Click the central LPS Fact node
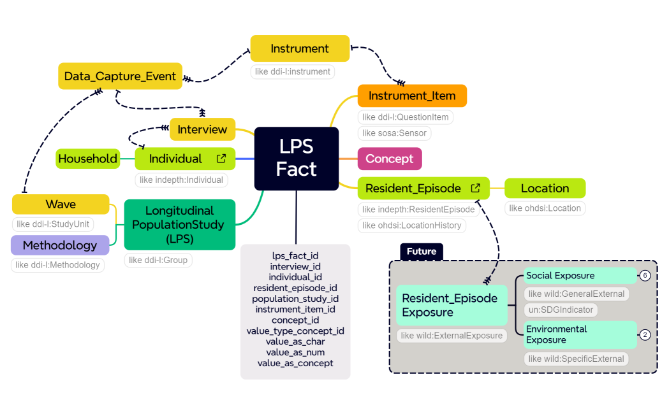point(296,159)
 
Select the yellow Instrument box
point(300,48)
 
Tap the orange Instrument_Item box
point(412,96)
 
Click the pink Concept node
point(389,159)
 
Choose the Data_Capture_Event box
point(121,76)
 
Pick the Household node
point(88,159)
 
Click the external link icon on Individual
point(221,159)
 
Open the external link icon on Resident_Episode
point(476,189)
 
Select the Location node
point(545,189)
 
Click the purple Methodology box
point(60,245)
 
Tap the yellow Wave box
point(61,204)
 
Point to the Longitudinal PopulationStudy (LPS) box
point(179,225)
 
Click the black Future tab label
point(421,252)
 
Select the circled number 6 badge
point(645,276)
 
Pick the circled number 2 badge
point(645,335)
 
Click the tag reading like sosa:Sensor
point(395,133)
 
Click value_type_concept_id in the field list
point(295,331)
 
